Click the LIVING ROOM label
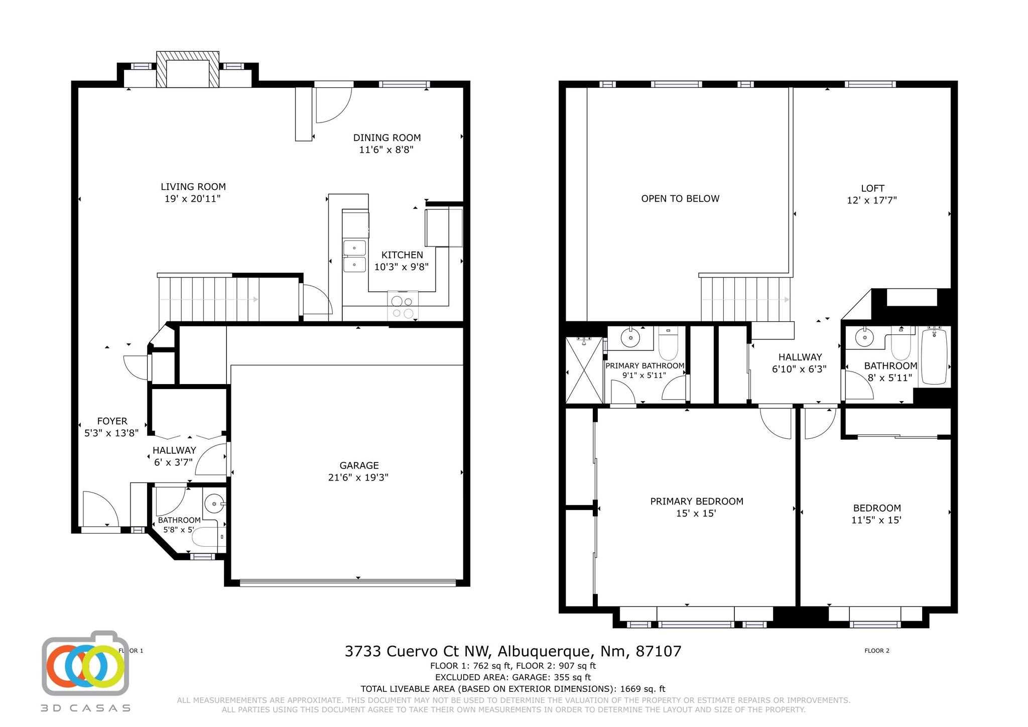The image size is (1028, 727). click(x=193, y=187)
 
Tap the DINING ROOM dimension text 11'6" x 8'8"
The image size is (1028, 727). click(x=386, y=150)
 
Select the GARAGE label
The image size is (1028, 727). click(x=359, y=465)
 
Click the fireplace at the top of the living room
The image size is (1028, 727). click(x=188, y=69)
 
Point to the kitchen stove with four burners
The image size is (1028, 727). click(x=403, y=306)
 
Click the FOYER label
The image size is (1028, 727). click(x=112, y=421)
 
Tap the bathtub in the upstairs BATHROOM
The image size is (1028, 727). click(x=934, y=356)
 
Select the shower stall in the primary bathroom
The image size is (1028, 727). click(x=584, y=370)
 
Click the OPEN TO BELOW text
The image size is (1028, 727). click(x=680, y=199)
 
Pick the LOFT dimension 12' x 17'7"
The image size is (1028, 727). click(x=872, y=200)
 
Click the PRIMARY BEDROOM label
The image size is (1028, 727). click(x=697, y=501)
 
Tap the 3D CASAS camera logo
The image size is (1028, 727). click(x=85, y=664)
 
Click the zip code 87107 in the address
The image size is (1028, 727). click(x=659, y=651)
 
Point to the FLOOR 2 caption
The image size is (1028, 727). click(x=877, y=651)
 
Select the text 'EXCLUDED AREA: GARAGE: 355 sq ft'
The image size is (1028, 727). click(x=513, y=677)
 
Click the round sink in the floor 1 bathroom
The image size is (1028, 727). click(x=214, y=503)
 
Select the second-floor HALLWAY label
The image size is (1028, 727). click(x=800, y=357)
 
